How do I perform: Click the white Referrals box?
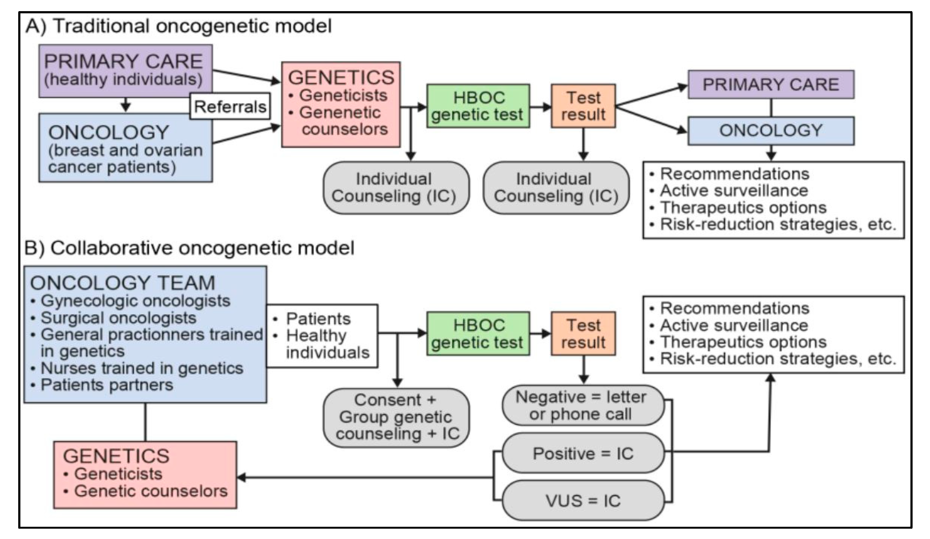pos(230,106)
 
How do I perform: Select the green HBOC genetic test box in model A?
pos(478,106)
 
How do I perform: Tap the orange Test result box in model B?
pos(583,334)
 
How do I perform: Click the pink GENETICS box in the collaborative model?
pos(145,475)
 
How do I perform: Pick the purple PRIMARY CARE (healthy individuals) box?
pos(125,71)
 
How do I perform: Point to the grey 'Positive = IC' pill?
pos(583,453)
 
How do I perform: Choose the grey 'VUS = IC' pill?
pos(583,500)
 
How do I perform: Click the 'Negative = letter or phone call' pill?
pos(583,406)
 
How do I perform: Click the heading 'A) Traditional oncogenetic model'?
pos(179,26)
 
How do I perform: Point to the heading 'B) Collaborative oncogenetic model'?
pos(189,248)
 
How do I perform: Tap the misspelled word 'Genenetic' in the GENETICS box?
pos(340,113)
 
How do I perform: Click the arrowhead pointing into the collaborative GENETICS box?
pos(241,477)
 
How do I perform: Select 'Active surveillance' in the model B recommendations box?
pos(734,325)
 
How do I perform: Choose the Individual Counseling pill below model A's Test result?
pos(556,188)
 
